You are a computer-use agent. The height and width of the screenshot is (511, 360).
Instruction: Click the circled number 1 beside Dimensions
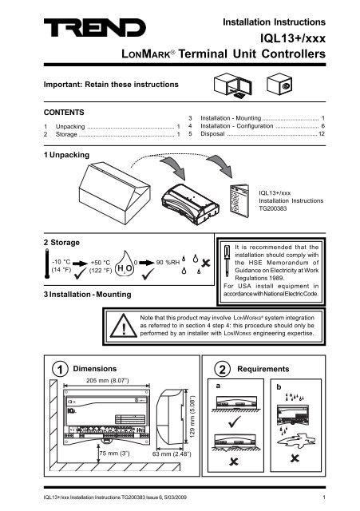34,368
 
